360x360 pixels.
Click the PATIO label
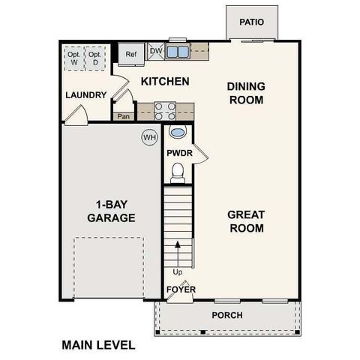point(252,22)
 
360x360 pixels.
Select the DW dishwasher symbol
point(156,52)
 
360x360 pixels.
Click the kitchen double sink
point(178,52)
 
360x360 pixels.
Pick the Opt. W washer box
point(74,58)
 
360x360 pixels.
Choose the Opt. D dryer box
point(94,58)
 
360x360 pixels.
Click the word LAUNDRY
point(85,95)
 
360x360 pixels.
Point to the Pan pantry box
point(123,116)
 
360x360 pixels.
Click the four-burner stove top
point(165,111)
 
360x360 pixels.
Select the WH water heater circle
point(149,137)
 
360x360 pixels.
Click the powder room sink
point(178,133)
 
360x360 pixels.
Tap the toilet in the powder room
point(178,174)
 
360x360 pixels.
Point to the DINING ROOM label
point(245,93)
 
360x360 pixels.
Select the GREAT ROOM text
point(245,221)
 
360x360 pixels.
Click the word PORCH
point(227,315)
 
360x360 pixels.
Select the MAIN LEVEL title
point(98,345)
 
